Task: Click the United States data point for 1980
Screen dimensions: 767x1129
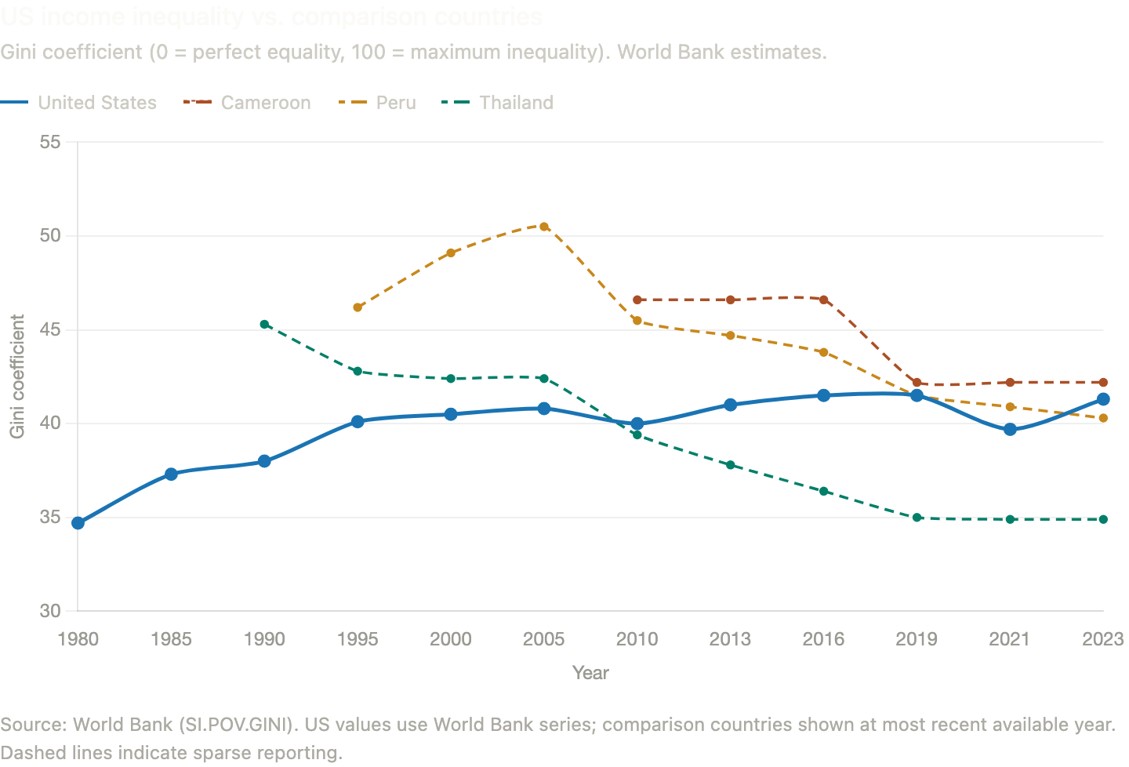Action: click(x=78, y=523)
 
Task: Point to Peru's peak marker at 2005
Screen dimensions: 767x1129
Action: click(x=544, y=227)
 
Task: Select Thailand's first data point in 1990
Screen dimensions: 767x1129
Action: click(x=264, y=324)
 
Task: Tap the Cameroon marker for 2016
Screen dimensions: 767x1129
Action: click(x=824, y=300)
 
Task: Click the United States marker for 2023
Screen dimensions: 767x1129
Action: click(x=1103, y=399)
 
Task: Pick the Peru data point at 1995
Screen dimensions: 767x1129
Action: click(x=358, y=307)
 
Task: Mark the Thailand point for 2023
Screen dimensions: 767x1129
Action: click(x=1103, y=519)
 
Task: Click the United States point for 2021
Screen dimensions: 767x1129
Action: click(x=1010, y=429)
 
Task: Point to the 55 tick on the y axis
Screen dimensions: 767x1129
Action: click(x=50, y=142)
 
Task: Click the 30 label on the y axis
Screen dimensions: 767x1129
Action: click(x=50, y=611)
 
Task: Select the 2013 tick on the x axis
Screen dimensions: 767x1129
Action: click(x=730, y=639)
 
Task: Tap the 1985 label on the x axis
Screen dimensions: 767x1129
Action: click(x=171, y=639)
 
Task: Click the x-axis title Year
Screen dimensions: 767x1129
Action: click(x=590, y=673)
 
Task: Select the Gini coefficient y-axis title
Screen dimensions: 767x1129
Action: click(x=17, y=376)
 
